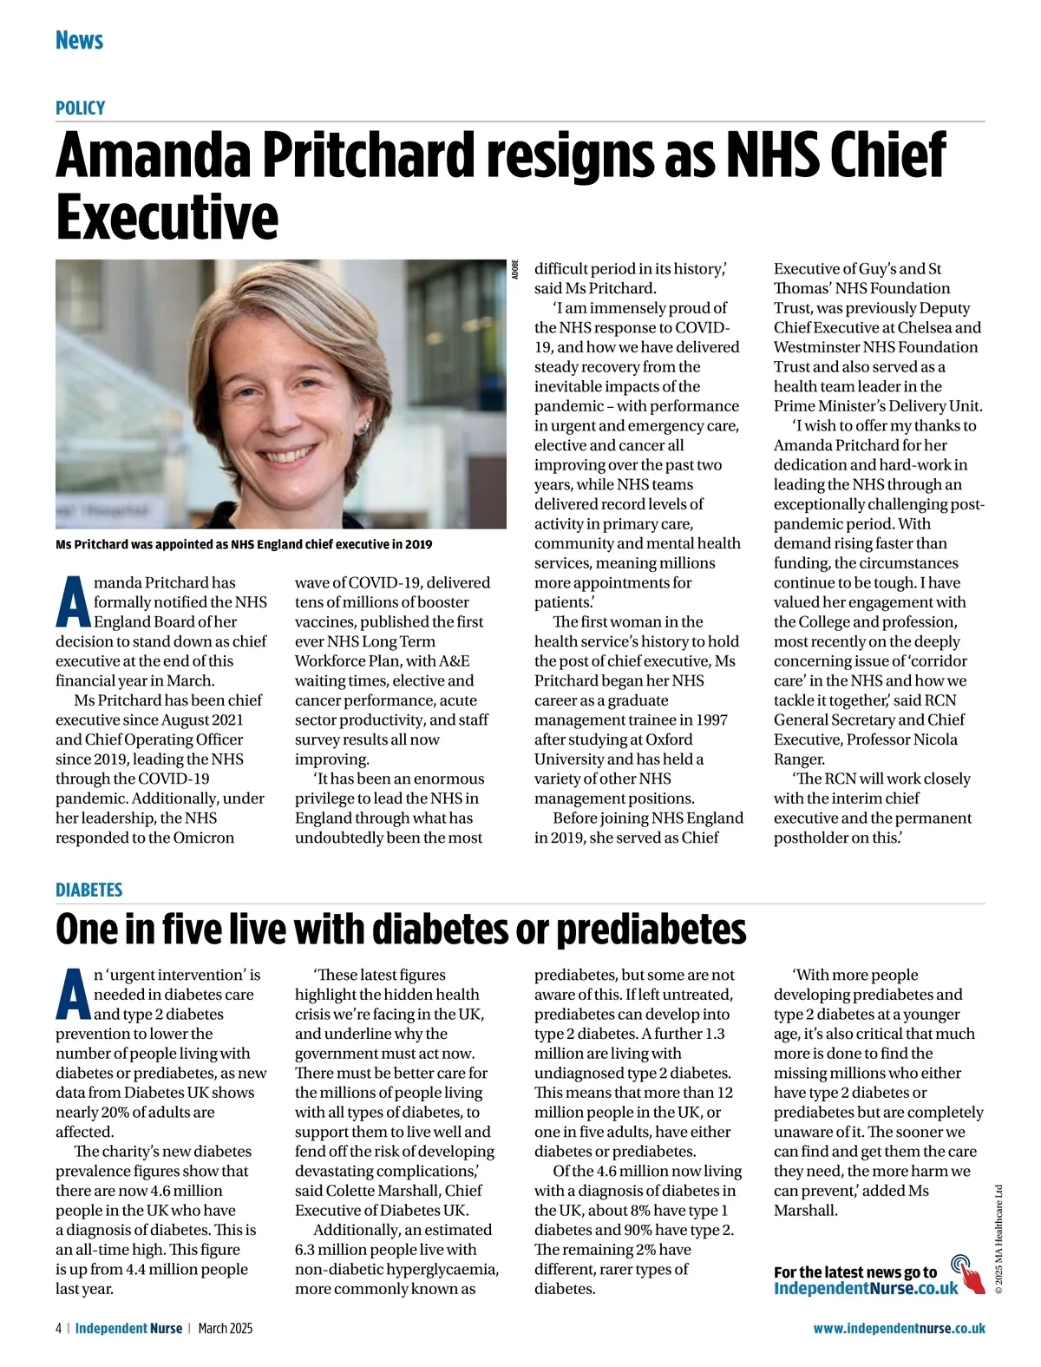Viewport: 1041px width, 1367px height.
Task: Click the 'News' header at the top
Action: (x=79, y=40)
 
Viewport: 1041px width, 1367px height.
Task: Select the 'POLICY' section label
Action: (x=80, y=108)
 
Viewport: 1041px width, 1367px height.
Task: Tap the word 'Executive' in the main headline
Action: (x=167, y=217)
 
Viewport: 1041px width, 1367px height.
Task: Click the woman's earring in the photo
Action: (x=368, y=427)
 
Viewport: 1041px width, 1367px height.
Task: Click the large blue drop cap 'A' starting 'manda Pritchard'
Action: (x=73, y=601)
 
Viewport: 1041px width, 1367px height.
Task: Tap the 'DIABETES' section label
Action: (x=88, y=890)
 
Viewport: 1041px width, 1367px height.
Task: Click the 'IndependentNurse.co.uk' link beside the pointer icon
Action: (x=866, y=1288)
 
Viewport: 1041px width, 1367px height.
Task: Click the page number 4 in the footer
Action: (x=58, y=1328)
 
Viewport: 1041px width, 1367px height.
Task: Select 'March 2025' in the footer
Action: (x=226, y=1328)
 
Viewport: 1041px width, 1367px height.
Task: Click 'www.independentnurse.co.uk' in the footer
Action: (x=899, y=1328)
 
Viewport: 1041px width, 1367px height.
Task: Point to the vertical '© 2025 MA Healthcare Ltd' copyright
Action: (x=998, y=1239)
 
